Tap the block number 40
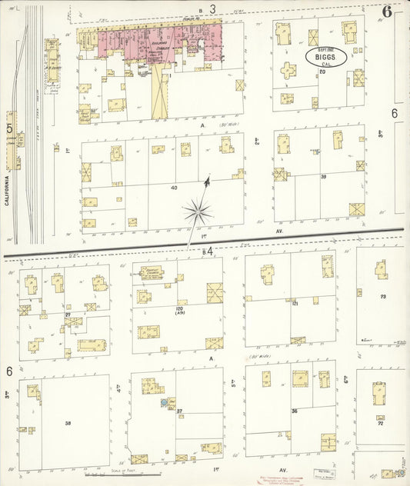(x=174, y=187)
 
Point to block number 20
(x=322, y=72)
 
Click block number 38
(x=68, y=423)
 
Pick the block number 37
(x=179, y=411)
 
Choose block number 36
(x=294, y=411)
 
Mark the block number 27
(x=68, y=315)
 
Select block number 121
(x=295, y=305)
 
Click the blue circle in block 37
(x=164, y=401)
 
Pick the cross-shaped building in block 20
(x=290, y=72)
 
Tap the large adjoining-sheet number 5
(x=9, y=128)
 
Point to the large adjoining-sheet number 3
(x=212, y=8)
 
